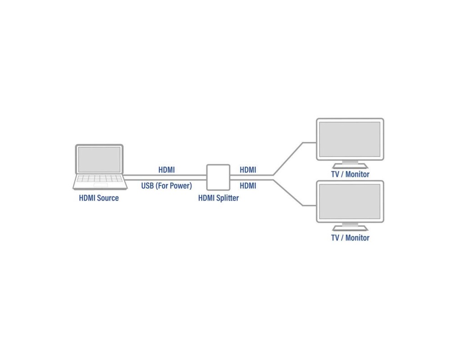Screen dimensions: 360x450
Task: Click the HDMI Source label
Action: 99,198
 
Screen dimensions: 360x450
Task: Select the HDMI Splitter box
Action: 218,177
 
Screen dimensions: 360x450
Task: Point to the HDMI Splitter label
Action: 219,198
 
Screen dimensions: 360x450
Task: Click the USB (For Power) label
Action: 166,185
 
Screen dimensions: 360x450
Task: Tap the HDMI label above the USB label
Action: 166,170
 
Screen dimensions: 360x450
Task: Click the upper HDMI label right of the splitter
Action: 248,170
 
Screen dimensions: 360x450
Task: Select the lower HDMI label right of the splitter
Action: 248,185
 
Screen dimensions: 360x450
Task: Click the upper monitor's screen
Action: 350,139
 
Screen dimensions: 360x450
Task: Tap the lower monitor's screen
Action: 350,201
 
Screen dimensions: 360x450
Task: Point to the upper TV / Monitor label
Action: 350,174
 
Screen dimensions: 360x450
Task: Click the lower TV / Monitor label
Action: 350,238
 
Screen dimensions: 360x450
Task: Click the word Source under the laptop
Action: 107,198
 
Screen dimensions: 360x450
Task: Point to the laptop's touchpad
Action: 100,184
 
